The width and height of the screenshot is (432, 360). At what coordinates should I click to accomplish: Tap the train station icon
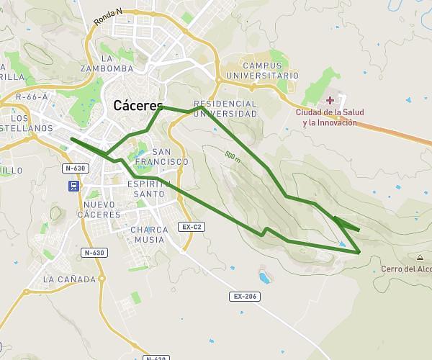[x=74, y=186]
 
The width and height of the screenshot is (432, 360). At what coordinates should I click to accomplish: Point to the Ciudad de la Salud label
[x=329, y=117]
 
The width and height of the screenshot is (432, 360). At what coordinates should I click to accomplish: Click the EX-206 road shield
[x=246, y=296]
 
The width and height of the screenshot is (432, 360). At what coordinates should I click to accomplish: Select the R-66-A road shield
[x=31, y=96]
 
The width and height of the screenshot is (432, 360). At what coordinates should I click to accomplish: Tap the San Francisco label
[x=161, y=157]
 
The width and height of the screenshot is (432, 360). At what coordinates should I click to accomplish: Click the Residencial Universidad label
[x=225, y=109]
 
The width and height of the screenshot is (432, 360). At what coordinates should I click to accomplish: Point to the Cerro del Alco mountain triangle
[x=420, y=257]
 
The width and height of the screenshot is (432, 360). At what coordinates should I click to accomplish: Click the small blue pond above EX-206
[x=264, y=276]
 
